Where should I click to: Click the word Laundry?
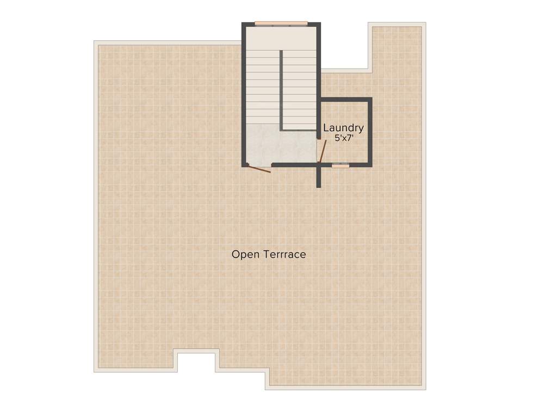tap(343, 128)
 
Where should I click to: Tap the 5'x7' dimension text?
tap(344, 138)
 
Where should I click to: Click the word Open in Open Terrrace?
tap(246, 254)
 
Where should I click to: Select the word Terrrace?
tap(284, 254)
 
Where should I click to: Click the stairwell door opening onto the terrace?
tap(258, 168)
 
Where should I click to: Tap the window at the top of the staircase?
tap(281, 23)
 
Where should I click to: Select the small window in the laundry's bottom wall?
tap(341, 165)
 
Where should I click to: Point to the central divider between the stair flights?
tap(281, 90)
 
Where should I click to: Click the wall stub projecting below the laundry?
tap(319, 177)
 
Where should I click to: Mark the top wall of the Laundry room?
tap(345, 99)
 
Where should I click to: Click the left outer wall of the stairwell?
tap(244, 95)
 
